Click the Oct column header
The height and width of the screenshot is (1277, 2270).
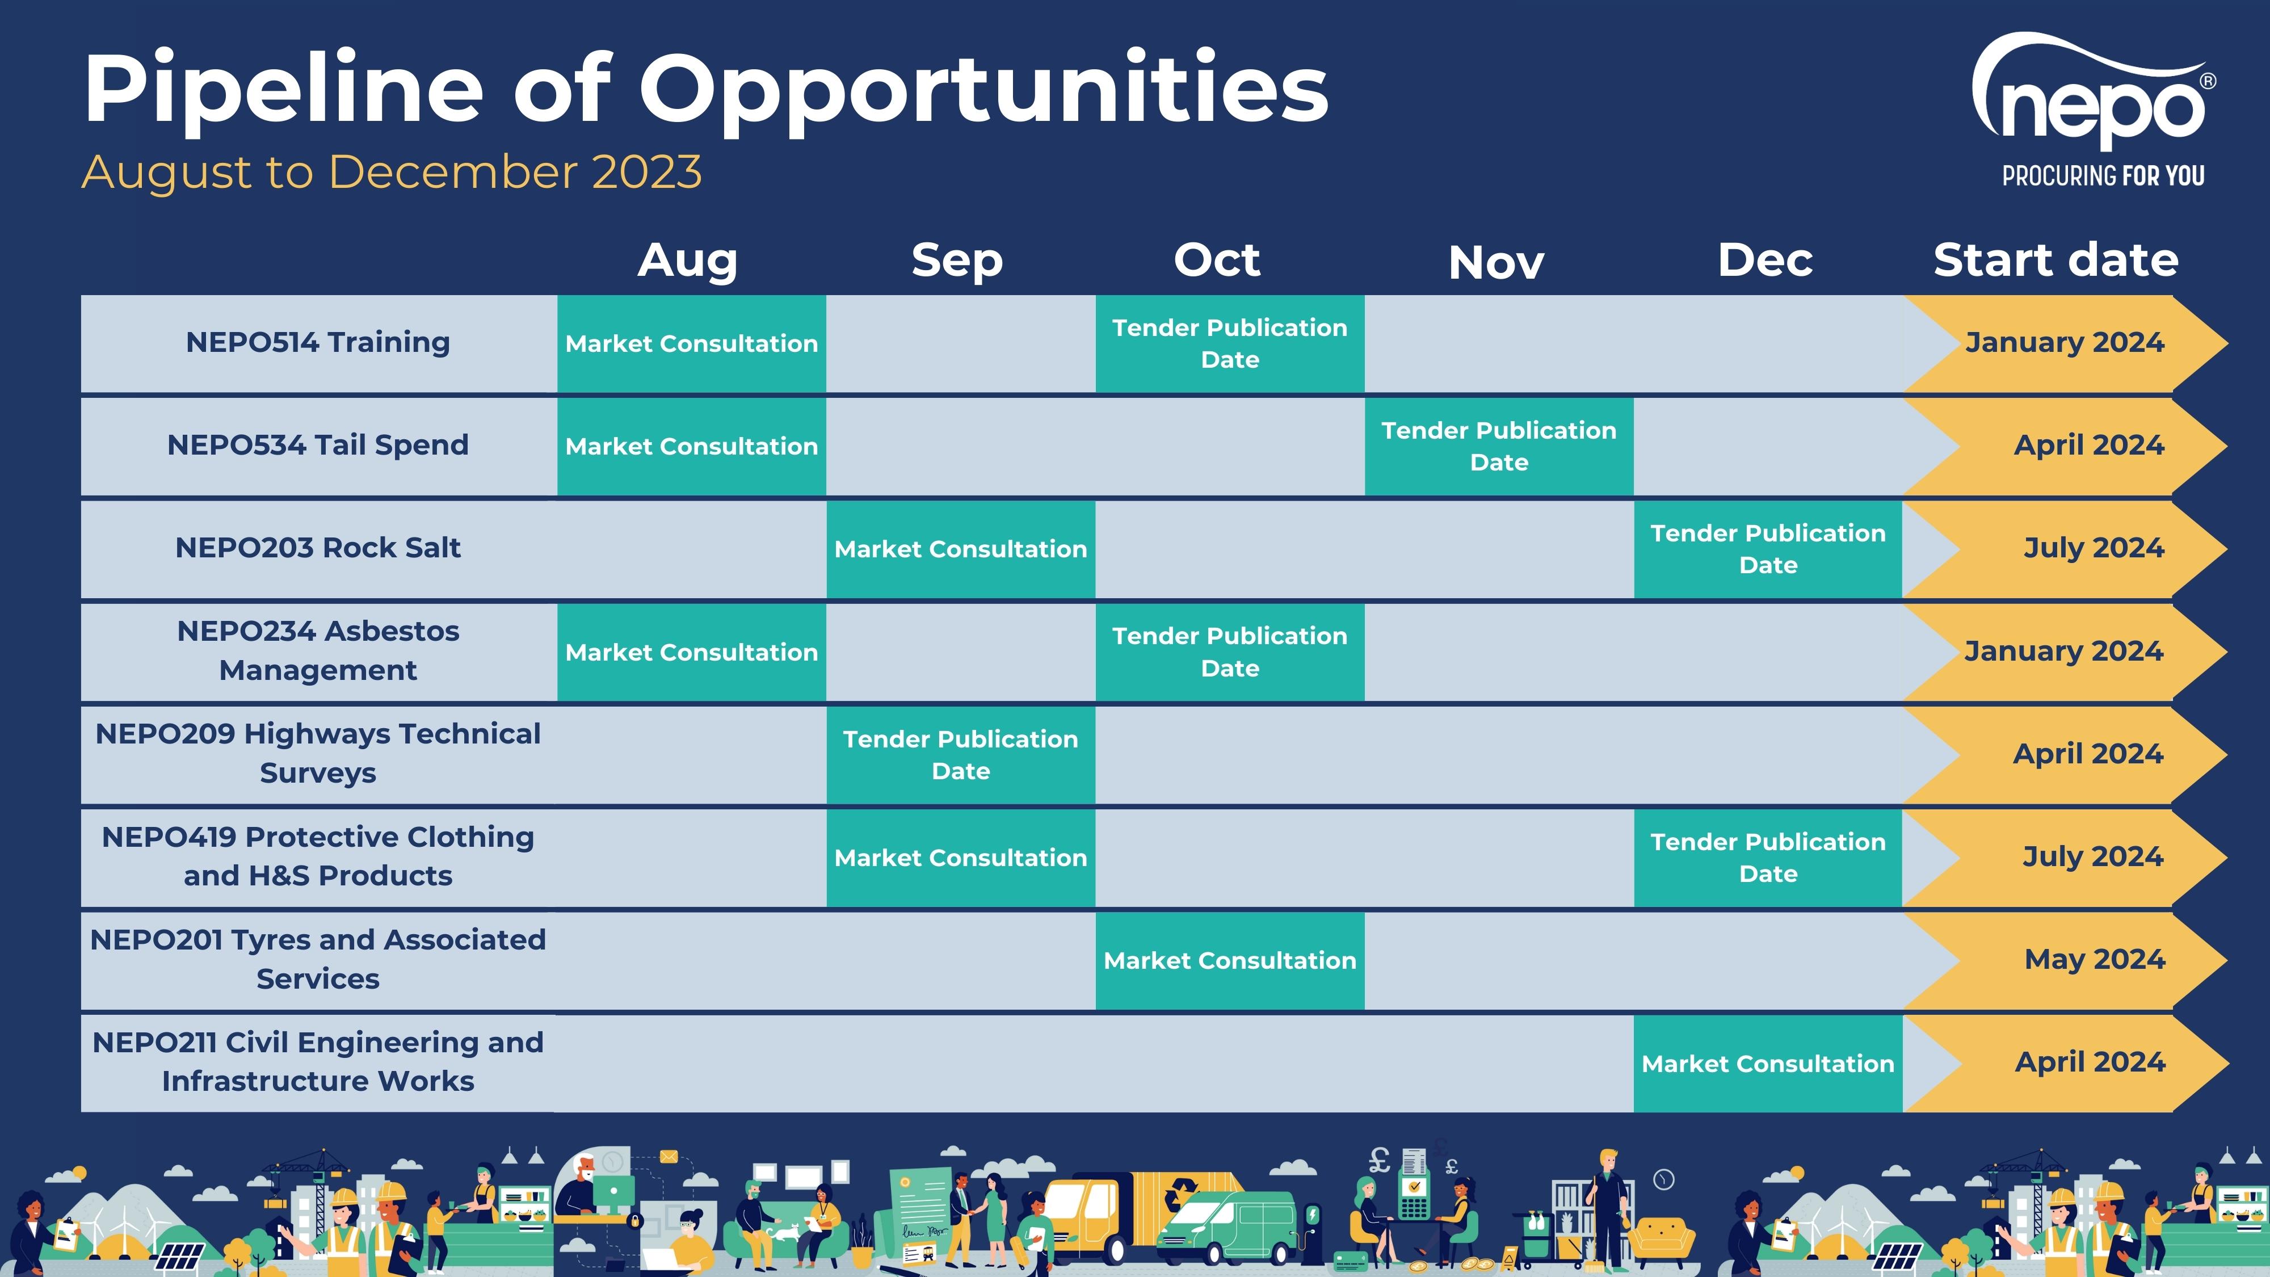point(1217,260)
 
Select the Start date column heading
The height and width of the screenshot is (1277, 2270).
point(2056,260)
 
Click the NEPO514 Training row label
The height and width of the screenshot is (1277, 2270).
point(318,342)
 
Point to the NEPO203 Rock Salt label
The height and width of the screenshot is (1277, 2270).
point(318,547)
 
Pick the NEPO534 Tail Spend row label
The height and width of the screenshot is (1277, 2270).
point(318,445)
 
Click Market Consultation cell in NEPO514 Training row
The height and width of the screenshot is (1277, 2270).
point(692,344)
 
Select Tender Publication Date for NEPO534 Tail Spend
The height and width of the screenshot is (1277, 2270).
point(1499,446)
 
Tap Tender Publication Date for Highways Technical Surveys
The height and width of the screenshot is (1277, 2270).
point(961,754)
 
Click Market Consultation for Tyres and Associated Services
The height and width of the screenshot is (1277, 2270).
point(1230,961)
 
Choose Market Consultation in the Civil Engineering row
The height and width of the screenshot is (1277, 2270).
point(1768,1064)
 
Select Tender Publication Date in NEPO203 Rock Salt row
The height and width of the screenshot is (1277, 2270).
point(1768,549)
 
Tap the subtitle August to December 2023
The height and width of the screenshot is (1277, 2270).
point(392,172)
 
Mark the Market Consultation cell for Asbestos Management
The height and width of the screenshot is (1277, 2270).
point(692,652)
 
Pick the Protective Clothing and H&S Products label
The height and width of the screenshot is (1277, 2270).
point(318,856)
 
